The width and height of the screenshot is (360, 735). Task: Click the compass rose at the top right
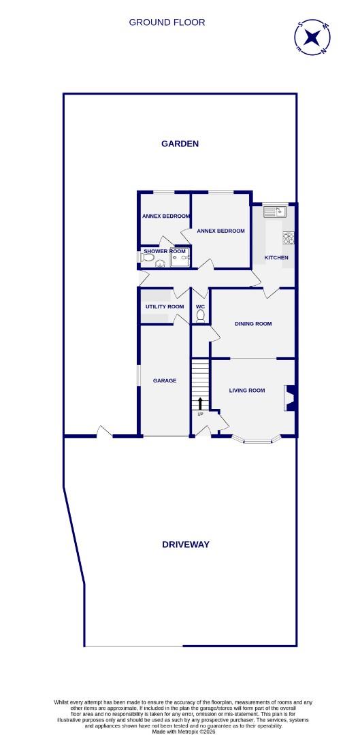[314, 38]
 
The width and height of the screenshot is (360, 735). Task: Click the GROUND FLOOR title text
[167, 22]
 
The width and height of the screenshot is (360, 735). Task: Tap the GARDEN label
[180, 144]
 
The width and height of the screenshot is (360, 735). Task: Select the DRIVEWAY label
[185, 544]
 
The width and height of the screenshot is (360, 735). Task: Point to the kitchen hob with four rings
[289, 238]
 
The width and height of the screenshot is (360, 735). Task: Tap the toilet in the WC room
[200, 316]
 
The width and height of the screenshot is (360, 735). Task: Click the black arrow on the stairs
[200, 404]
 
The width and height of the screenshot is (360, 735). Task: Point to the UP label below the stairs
[200, 414]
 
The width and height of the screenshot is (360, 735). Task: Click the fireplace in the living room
[290, 399]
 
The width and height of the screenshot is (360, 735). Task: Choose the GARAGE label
[165, 380]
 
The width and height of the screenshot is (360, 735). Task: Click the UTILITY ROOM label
[165, 307]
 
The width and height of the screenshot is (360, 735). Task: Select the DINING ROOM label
[253, 324]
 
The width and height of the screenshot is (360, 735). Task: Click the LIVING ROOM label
[246, 391]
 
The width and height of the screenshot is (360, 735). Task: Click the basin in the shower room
[161, 263]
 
